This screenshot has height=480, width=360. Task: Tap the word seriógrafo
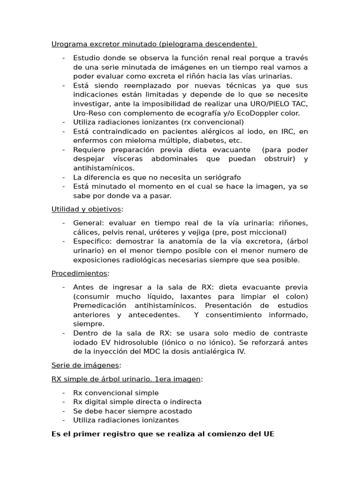coord(221,177)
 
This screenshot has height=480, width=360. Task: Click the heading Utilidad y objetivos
coord(86,209)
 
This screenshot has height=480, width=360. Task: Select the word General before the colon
coord(87,223)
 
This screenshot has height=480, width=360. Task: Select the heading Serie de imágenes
coord(86,365)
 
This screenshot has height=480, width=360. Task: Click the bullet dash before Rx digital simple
coord(63,402)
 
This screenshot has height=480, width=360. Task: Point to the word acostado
coord(176,411)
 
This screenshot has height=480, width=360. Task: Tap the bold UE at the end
coord(268,434)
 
